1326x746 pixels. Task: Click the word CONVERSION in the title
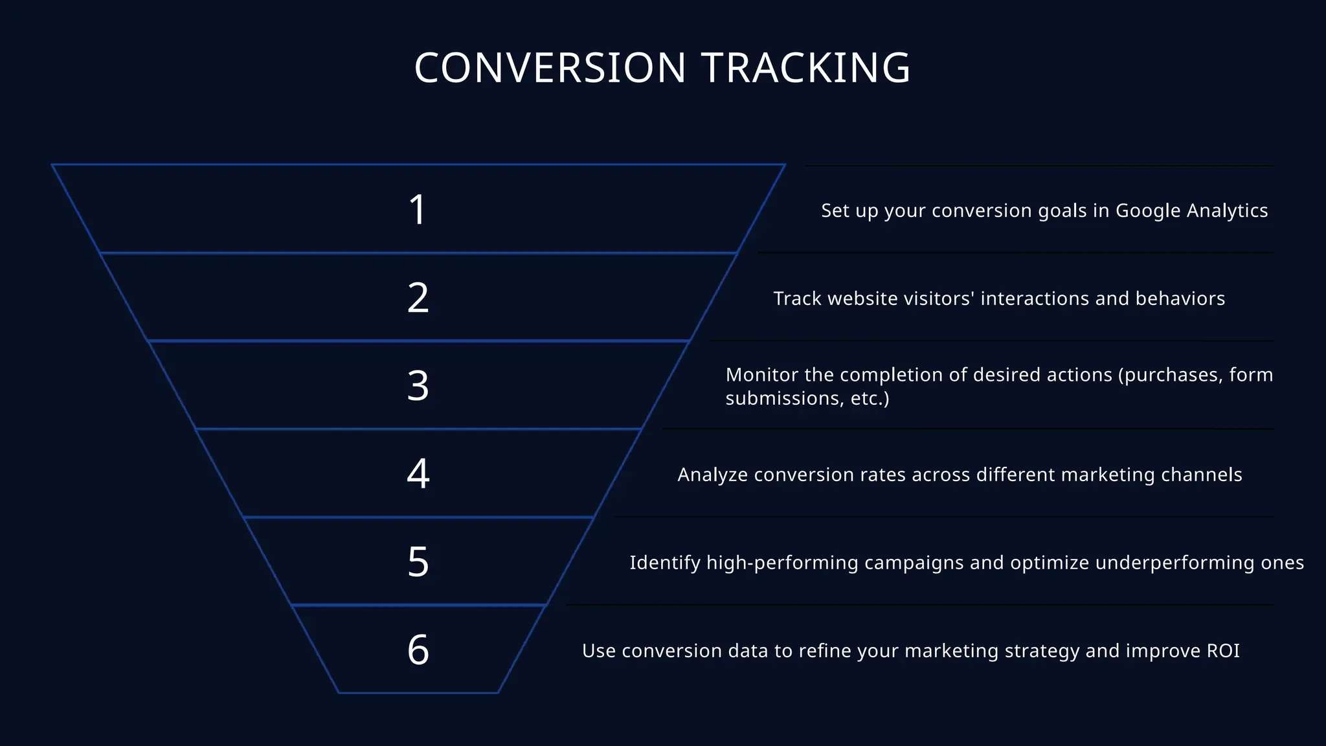(x=550, y=68)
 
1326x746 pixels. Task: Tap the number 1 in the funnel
(x=418, y=210)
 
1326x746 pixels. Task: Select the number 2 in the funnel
(x=418, y=298)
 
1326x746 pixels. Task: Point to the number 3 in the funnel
(x=418, y=386)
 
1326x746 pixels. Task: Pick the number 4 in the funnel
(x=418, y=473)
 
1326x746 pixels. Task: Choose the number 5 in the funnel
(x=418, y=561)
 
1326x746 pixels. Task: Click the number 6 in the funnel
(x=418, y=650)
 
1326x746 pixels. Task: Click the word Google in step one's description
(x=1148, y=211)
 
